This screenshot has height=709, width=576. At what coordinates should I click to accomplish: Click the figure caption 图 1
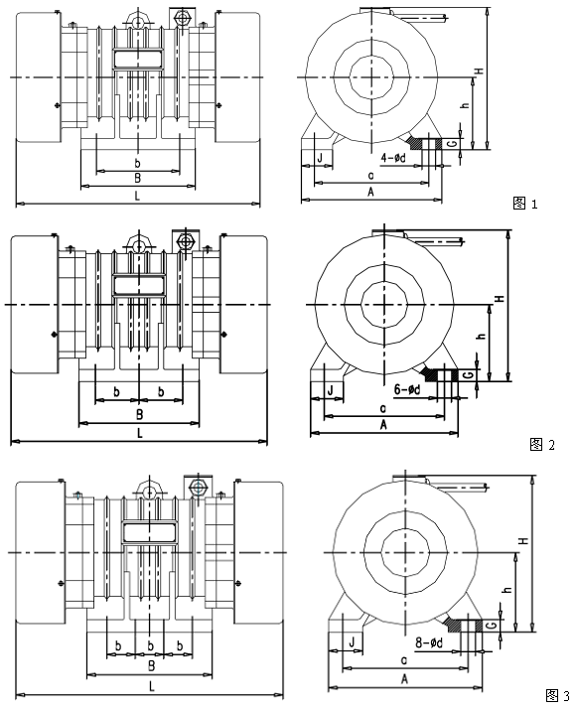(525, 204)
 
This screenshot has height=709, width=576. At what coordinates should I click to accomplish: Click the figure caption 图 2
(541, 445)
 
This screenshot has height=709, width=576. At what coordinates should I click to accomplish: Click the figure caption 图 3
(558, 694)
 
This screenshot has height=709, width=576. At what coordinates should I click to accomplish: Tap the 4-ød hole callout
(393, 157)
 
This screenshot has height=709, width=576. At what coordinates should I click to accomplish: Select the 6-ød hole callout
(407, 389)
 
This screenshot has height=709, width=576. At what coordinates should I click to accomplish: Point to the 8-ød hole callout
(429, 642)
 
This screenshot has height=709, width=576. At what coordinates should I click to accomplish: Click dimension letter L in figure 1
(137, 196)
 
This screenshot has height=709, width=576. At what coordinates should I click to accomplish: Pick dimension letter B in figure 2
(140, 414)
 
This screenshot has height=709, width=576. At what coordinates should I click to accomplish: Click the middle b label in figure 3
(151, 645)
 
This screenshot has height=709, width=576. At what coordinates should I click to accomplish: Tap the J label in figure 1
(320, 158)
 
